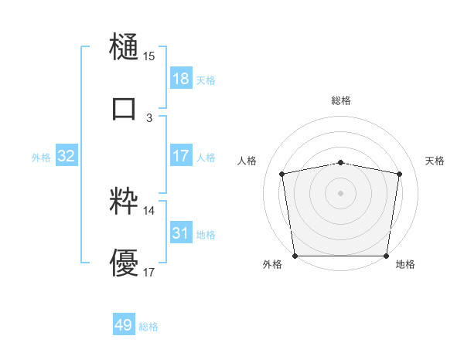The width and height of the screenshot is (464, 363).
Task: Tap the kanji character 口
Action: click(125, 108)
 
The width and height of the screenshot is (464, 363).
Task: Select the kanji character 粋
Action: click(125, 200)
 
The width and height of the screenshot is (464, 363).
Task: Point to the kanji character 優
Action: click(125, 263)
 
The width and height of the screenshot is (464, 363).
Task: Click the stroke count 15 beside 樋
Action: click(149, 56)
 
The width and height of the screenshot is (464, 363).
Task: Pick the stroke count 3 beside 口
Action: click(149, 118)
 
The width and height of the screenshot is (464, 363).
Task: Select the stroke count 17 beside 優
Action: click(149, 273)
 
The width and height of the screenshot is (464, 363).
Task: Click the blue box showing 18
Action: click(180, 79)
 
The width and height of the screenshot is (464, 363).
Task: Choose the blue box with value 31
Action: click(180, 233)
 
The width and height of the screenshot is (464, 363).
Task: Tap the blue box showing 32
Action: click(67, 157)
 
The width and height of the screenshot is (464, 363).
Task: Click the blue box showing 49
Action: click(124, 325)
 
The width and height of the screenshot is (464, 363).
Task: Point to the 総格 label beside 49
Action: click(148, 327)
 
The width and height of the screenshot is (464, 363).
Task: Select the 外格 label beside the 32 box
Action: click(41, 158)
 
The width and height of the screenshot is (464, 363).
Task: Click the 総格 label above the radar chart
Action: click(341, 100)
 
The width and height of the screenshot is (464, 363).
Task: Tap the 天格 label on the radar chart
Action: click(435, 161)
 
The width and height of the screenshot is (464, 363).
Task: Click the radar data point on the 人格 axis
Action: click(283, 174)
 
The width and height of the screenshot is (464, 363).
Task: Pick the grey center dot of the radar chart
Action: click(341, 192)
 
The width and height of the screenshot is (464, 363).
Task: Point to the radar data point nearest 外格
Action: click(295, 256)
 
